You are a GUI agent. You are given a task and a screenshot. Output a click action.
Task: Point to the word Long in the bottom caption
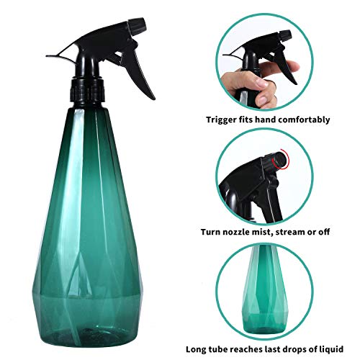click(x=197, y=349)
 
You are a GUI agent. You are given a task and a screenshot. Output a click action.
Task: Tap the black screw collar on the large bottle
click(x=87, y=91)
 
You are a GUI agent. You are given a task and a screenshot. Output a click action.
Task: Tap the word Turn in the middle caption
click(x=215, y=233)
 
